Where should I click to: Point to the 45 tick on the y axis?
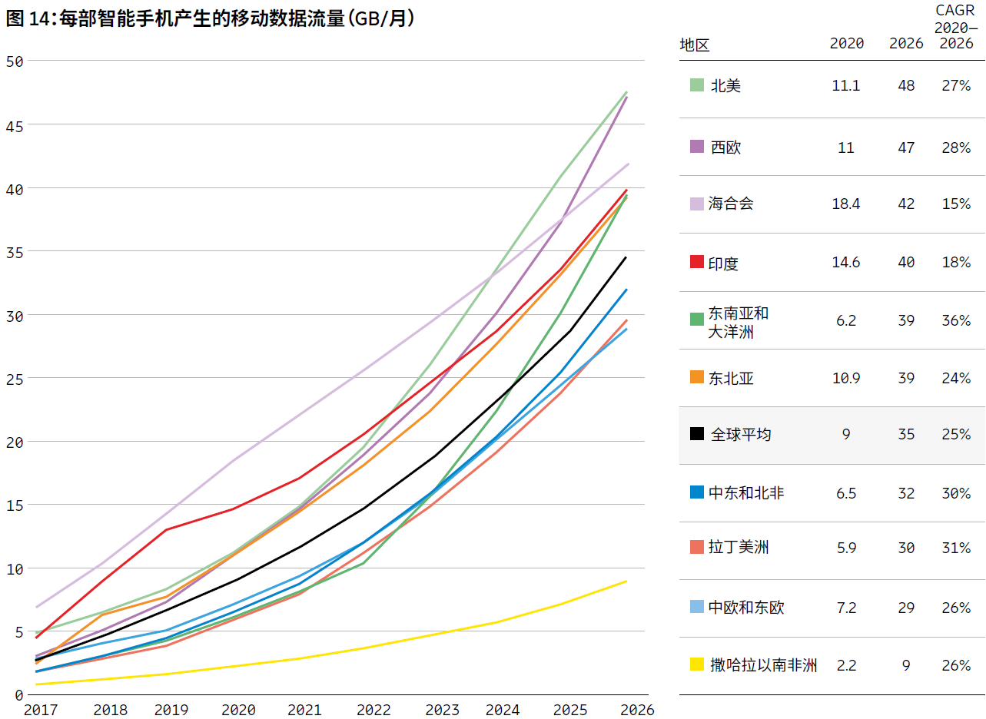tap(14, 124)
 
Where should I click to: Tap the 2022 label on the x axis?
tap(374, 710)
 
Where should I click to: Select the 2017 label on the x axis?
tap(40, 710)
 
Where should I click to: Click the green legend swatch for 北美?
tap(697, 85)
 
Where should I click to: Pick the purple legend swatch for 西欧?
tap(697, 147)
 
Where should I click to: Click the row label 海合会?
tap(731, 204)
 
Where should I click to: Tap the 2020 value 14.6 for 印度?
tap(846, 263)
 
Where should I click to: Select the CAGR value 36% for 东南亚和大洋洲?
tap(956, 320)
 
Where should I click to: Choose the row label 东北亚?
tap(732, 378)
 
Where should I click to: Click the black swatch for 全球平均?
tap(697, 434)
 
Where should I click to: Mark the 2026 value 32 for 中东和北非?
tap(906, 493)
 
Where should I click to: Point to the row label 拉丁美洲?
tap(739, 547)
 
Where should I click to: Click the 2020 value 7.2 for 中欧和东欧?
tap(846, 608)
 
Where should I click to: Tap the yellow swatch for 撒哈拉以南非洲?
tap(697, 664)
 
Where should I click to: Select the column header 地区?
tap(695, 45)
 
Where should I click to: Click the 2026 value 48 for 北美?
tap(906, 85)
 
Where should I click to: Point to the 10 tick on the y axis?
tap(14, 568)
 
